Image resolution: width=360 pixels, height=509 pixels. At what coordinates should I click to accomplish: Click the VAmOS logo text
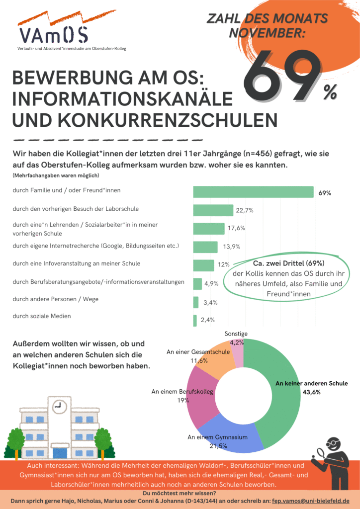(54, 35)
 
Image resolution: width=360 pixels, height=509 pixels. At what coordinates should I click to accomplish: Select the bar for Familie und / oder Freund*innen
(253, 192)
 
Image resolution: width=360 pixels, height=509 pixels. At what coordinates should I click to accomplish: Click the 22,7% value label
(245, 210)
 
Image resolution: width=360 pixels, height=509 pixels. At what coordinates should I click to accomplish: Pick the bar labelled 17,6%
(208, 229)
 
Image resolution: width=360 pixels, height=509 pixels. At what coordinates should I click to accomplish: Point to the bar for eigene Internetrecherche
(205, 247)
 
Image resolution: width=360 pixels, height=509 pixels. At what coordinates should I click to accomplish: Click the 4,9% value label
(211, 284)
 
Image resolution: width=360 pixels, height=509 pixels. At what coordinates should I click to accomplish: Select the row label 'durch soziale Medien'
(42, 316)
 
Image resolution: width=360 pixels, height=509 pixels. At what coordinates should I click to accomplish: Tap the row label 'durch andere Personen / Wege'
(55, 300)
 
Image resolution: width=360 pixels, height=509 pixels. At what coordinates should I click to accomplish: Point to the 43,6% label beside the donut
(312, 392)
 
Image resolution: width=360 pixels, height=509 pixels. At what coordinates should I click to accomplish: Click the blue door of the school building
(60, 453)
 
